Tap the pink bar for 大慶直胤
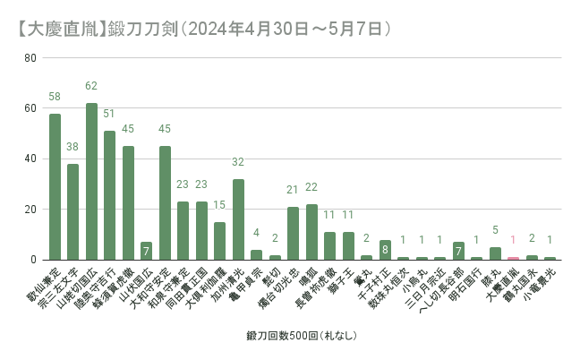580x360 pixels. [x=513, y=258]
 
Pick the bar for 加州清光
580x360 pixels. [x=238, y=219]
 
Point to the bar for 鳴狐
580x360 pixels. [x=311, y=232]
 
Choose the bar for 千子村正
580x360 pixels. [x=385, y=250]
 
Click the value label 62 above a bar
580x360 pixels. [x=91, y=86]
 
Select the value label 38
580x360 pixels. [x=72, y=147]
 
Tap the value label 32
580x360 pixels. [x=238, y=162]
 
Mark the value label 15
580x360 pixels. [x=219, y=205]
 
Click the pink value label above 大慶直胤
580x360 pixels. [x=513, y=240]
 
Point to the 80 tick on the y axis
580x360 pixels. [x=30, y=58]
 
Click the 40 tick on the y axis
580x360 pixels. [x=30, y=159]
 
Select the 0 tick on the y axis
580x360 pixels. [x=33, y=260]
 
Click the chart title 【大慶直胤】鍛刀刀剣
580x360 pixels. [x=201, y=28]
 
